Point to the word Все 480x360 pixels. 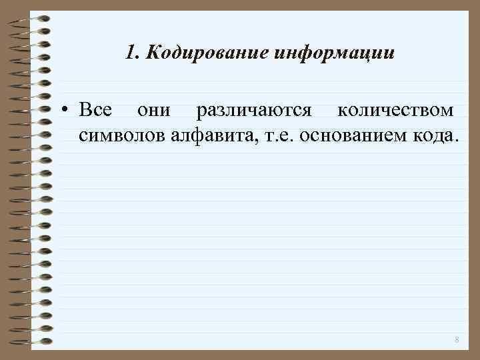click(95, 109)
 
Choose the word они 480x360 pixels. click(153, 109)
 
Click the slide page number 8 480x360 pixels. click(457, 340)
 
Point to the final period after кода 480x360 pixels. click(457, 141)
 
